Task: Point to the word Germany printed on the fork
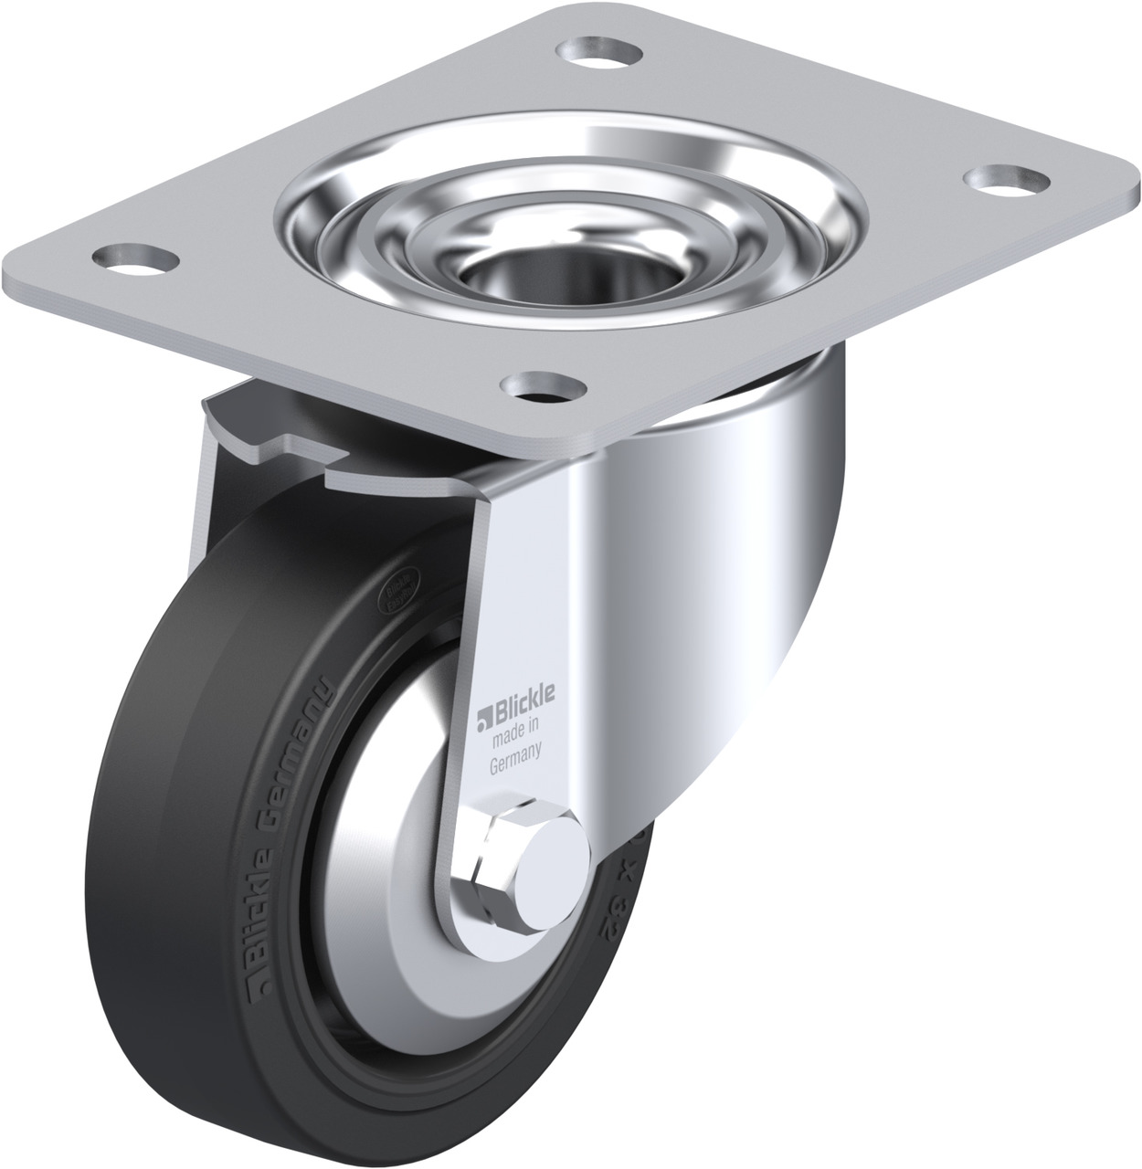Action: [x=517, y=748]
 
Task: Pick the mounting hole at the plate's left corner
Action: [x=140, y=258]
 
